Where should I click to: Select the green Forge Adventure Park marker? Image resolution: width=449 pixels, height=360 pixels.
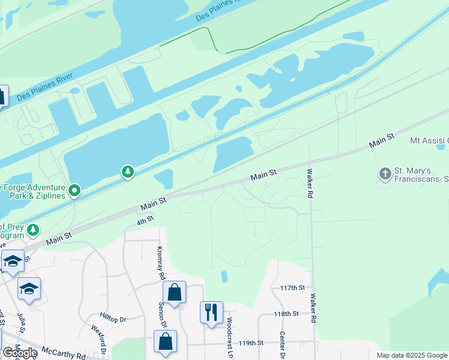click(x=74, y=191)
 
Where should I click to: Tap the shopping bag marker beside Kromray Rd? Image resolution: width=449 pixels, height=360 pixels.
click(x=174, y=293)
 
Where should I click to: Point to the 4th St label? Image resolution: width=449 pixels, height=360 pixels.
click(x=146, y=221)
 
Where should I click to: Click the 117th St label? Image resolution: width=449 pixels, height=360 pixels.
click(x=293, y=288)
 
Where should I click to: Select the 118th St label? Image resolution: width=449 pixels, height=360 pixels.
click(x=286, y=314)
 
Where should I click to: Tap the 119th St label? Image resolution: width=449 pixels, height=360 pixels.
click(x=252, y=343)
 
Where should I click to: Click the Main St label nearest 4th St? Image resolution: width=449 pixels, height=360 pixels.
click(x=153, y=205)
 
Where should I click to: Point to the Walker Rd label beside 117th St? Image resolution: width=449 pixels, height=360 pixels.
click(x=312, y=307)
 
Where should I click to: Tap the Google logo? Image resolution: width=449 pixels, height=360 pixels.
click(x=19, y=353)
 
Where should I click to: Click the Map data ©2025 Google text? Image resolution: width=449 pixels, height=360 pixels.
click(x=411, y=355)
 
